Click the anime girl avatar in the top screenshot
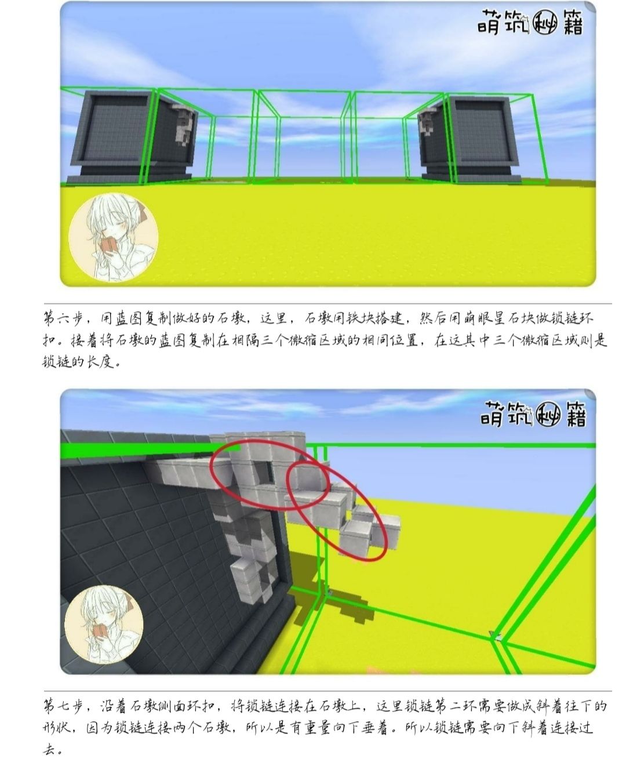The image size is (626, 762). pyautogui.click(x=114, y=237)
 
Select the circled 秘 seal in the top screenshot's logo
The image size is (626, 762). pyautogui.click(x=545, y=23)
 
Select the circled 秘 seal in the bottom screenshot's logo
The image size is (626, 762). pyautogui.click(x=547, y=415)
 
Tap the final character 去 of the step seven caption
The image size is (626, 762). pyautogui.click(x=49, y=751)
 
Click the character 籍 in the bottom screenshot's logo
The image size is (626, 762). pyautogui.click(x=575, y=415)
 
